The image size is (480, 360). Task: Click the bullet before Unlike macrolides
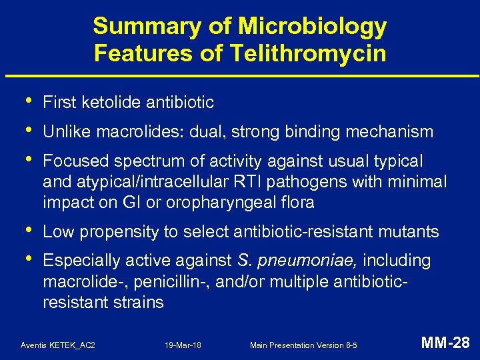pyautogui.click(x=25, y=130)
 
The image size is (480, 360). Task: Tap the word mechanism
pyautogui.click(x=390, y=132)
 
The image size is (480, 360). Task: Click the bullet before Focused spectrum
pyautogui.click(x=25, y=160)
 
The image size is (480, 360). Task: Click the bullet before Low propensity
pyautogui.click(x=25, y=230)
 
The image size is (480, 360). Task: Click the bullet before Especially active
pyautogui.click(x=25, y=259)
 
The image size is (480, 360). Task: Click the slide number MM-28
pyautogui.click(x=446, y=343)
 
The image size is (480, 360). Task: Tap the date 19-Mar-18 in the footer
pyautogui.click(x=183, y=345)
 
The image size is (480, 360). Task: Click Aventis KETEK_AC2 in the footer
pyautogui.click(x=58, y=345)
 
